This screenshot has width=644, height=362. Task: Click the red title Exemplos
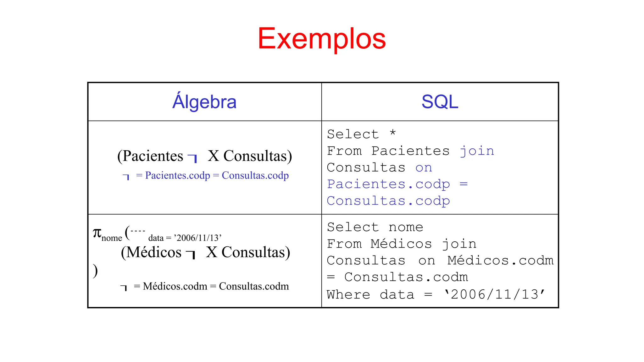322,39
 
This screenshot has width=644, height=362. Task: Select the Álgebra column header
204,102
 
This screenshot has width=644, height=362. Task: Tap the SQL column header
440,102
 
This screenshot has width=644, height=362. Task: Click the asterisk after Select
392,133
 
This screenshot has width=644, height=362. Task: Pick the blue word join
477,151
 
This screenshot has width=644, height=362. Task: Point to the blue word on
424,168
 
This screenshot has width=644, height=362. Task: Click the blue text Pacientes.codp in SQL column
388,184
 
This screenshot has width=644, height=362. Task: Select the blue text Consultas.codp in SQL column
388,201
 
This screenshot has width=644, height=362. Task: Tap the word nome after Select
406,227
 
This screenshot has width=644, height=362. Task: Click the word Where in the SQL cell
348,295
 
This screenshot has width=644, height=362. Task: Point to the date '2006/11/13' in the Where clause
494,295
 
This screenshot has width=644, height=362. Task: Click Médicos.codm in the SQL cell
500,261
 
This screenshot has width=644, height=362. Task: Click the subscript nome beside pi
112,238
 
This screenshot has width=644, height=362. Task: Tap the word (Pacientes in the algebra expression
150,156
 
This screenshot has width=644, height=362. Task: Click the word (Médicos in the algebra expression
151,252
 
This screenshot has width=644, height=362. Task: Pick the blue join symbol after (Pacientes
192,158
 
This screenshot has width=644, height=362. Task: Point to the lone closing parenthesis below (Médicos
95,271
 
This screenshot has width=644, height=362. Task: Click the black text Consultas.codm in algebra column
254,286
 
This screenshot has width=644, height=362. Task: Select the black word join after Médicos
459,244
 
